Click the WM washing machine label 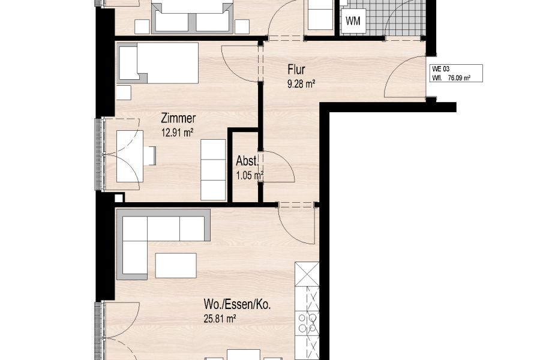click(x=353, y=21)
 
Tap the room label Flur click(x=296, y=70)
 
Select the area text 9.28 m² click(x=301, y=84)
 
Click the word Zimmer click(x=178, y=119)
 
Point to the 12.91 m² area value click(x=176, y=133)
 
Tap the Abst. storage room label click(x=247, y=161)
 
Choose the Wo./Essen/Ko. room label click(x=237, y=305)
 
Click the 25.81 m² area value click(x=220, y=319)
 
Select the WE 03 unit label click(x=441, y=69)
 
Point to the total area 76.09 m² click(x=459, y=78)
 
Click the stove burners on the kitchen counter click(x=307, y=323)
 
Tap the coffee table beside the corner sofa click(x=176, y=266)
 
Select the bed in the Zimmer click(x=158, y=62)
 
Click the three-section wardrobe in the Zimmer click(x=213, y=169)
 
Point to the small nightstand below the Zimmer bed click(x=124, y=92)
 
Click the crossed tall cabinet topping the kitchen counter click(x=307, y=274)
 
